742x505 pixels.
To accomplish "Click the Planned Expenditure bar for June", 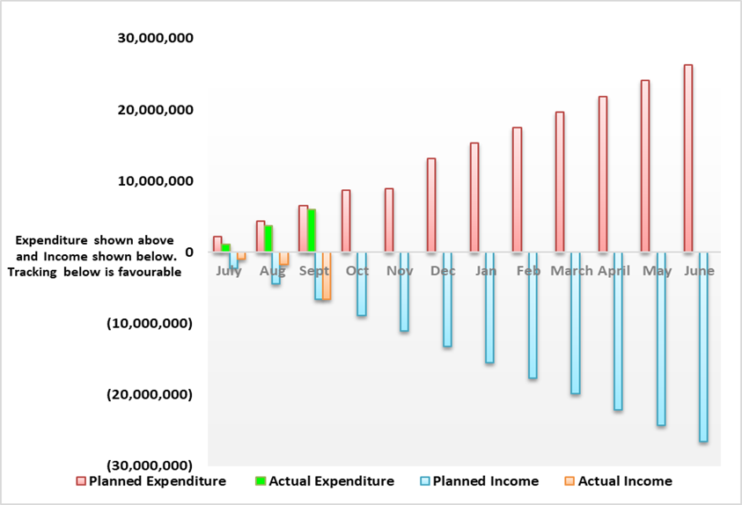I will (688, 158).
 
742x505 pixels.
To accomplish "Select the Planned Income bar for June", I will (703, 347).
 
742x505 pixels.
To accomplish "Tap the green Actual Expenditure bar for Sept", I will (312, 231).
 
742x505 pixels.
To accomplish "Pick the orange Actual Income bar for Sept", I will (327, 276).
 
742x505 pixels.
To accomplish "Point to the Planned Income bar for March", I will (575, 323).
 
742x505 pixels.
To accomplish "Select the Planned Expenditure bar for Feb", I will (518, 190).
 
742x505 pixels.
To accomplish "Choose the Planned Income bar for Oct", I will (361, 284).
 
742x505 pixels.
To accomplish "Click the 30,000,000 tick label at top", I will (156, 39).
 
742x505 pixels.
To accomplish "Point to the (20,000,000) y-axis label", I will (150, 394).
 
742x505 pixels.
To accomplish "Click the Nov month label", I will (400, 271).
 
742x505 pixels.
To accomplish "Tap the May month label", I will (657, 271).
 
